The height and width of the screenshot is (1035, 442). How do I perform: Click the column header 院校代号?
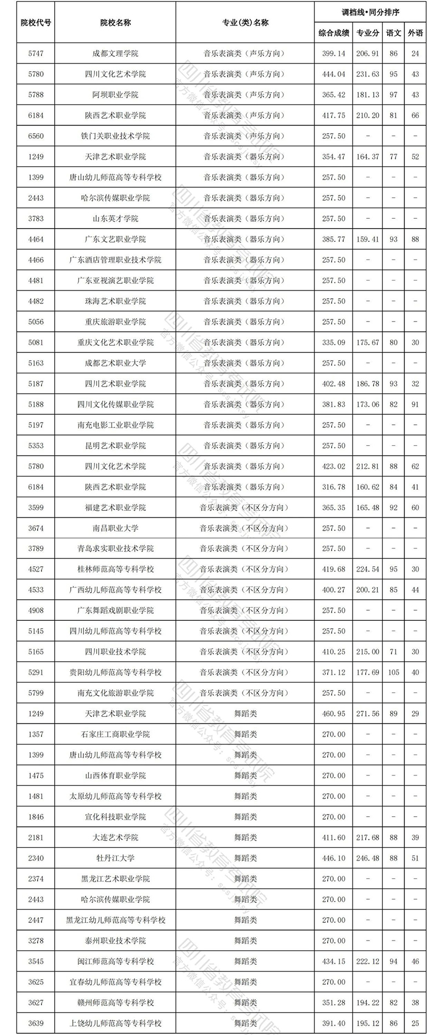[35, 23]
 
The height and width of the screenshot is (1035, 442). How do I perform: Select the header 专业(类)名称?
[245, 23]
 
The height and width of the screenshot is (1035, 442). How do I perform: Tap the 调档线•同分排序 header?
[370, 12]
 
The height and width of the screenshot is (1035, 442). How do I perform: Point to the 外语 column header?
[415, 33]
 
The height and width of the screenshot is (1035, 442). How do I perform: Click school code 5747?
[35, 54]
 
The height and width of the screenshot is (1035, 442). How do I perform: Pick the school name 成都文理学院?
[115, 54]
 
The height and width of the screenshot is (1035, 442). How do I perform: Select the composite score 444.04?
[334, 74]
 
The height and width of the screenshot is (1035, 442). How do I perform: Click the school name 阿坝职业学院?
[115, 95]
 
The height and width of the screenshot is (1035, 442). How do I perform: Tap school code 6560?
[35, 136]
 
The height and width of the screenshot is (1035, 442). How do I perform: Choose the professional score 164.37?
[368, 157]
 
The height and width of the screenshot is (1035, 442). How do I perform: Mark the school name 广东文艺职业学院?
[115, 239]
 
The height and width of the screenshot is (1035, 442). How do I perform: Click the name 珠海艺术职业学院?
[115, 301]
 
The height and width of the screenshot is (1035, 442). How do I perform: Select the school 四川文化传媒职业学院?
[115, 404]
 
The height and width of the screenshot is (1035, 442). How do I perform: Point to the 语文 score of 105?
[393, 672]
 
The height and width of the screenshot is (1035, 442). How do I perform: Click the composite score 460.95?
[334, 714]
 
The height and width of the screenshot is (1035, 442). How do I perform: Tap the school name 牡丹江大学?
[115, 858]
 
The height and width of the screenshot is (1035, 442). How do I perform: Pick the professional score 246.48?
[368, 858]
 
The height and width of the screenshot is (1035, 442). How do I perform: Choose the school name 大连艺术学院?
[115, 837]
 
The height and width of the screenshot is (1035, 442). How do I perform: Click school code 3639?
[35, 1023]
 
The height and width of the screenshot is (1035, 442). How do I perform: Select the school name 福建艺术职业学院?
[115, 508]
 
